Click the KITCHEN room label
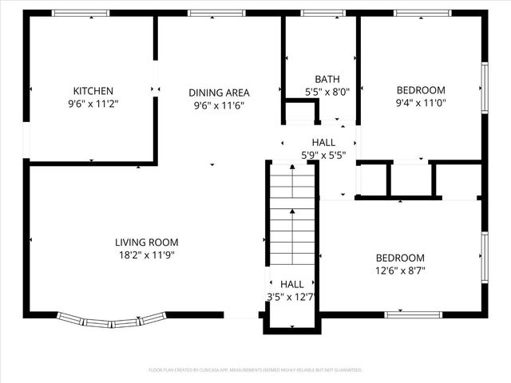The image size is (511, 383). tap(93, 91)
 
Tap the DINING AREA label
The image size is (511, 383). tap(219, 93)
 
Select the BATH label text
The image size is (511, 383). tap(327, 79)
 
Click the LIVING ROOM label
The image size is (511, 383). tap(146, 243)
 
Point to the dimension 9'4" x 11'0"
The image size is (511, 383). tap(422, 103)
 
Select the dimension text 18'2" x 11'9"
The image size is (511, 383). tap(146, 255)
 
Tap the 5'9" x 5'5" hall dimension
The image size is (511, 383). tap(323, 155)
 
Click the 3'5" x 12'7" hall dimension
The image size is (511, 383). tap(292, 297)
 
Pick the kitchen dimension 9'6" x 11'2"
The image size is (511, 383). tap(93, 104)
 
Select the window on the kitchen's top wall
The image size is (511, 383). tap(81, 13)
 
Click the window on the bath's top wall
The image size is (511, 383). tap(323, 13)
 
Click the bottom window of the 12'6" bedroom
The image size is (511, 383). tap(414, 314)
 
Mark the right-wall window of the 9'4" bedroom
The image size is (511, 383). tap(484, 88)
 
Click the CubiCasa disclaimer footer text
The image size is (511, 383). tap(255, 370)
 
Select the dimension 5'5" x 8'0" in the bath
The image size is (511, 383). tap(327, 92)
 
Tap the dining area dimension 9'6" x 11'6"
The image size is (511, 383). tap(219, 105)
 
